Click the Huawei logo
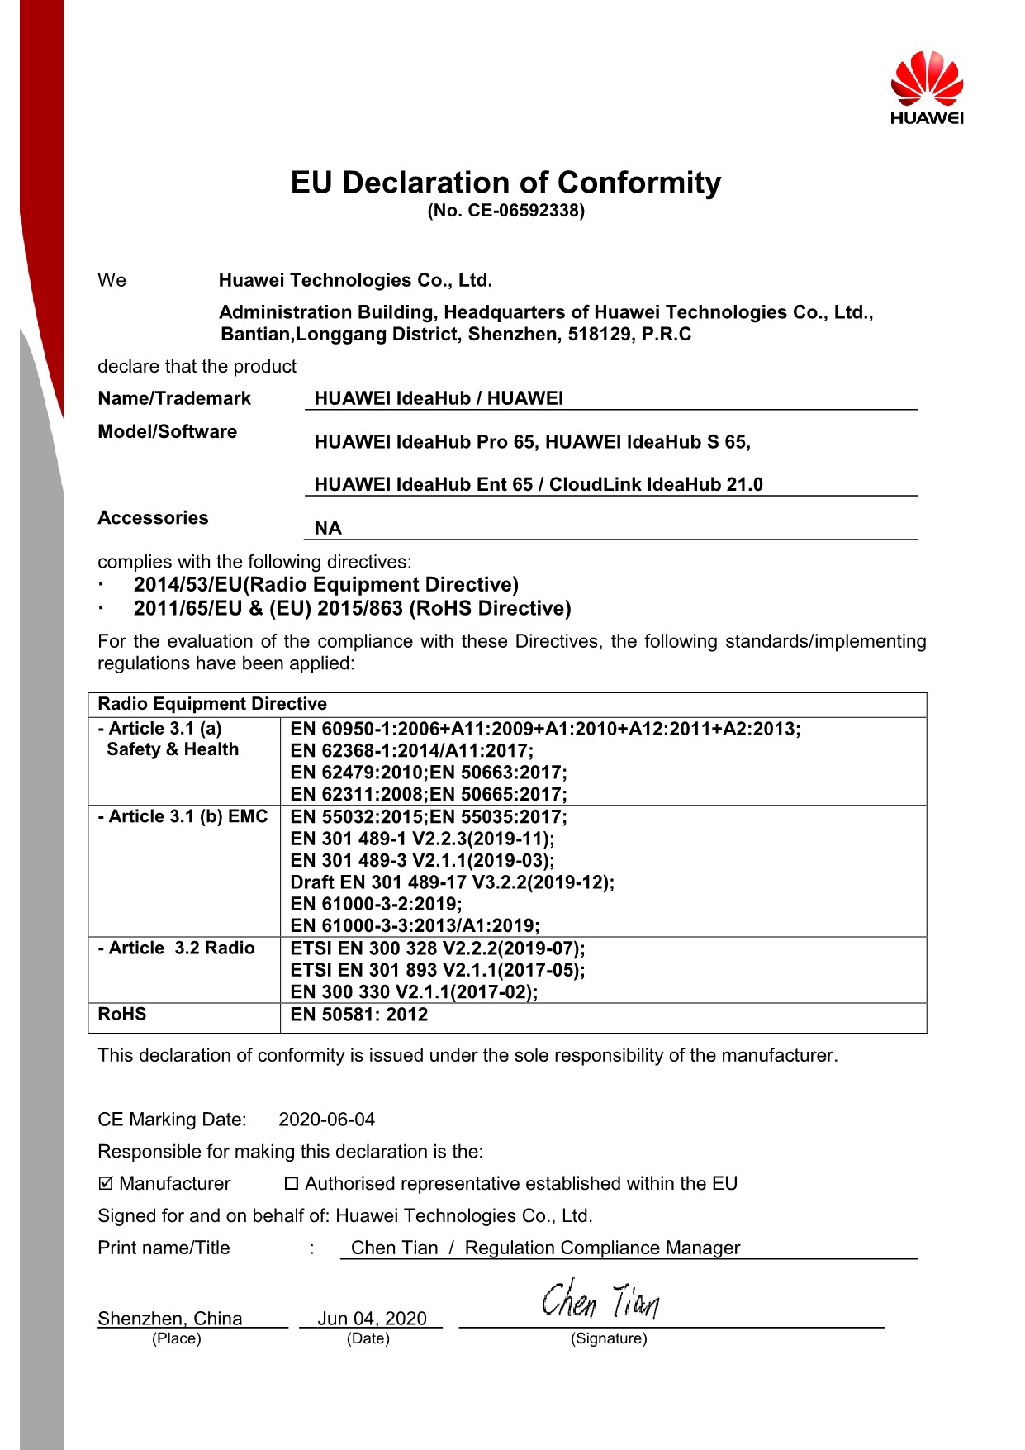[x=927, y=88]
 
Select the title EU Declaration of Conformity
[x=505, y=183]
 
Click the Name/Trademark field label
[x=174, y=398]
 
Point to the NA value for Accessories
[x=328, y=528]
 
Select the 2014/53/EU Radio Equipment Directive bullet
[x=325, y=585]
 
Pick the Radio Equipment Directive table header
[x=212, y=704]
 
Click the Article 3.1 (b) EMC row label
[x=183, y=816]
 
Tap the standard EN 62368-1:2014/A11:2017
[x=411, y=750]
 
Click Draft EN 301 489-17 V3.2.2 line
[x=452, y=882]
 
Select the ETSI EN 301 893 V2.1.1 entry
[x=437, y=970]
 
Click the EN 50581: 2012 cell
[x=359, y=1015]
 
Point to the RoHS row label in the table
[x=122, y=1014]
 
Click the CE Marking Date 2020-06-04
[x=326, y=1120]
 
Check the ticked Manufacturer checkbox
[x=106, y=1184]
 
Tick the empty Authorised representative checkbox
[x=291, y=1184]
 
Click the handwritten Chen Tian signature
[x=600, y=1300]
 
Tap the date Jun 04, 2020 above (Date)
[x=372, y=1318]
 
